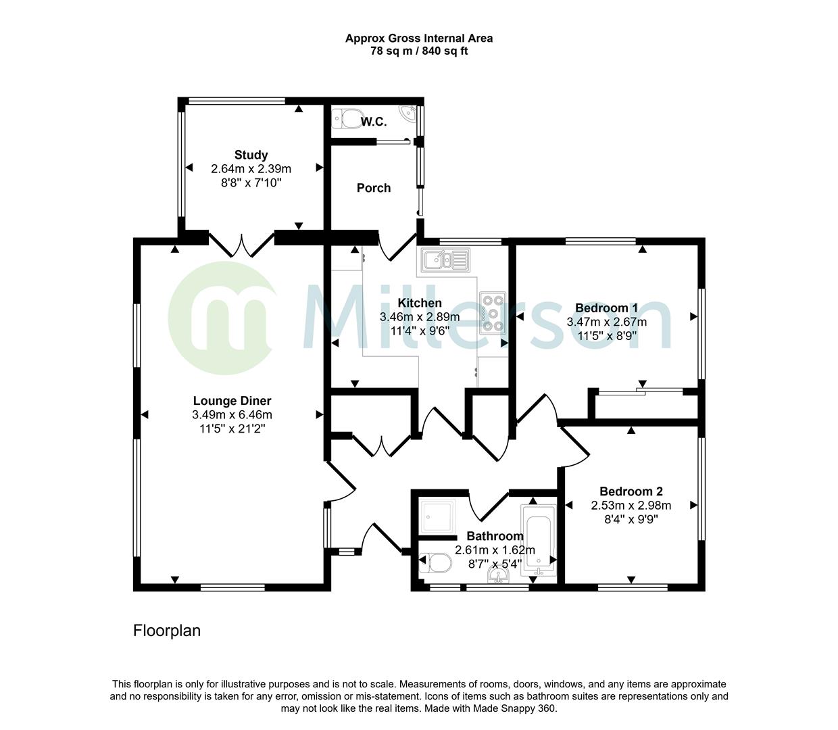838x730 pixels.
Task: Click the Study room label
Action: click(x=251, y=155)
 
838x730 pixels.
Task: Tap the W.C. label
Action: click(x=374, y=122)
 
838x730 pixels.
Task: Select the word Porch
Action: click(x=374, y=188)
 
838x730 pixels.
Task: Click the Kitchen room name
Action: click(x=419, y=303)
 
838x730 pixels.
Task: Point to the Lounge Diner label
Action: click(x=232, y=401)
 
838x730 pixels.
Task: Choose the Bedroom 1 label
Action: click(x=606, y=308)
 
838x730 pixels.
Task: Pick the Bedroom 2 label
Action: click(x=631, y=491)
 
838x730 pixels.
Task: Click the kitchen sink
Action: click(x=443, y=260)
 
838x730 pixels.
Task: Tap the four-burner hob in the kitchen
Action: click(x=493, y=313)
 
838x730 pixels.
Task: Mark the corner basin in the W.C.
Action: click(x=408, y=113)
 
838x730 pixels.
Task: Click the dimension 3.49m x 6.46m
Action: click(x=232, y=415)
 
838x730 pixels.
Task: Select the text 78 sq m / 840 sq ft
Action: click(x=419, y=51)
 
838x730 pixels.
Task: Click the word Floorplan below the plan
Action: click(x=167, y=631)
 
